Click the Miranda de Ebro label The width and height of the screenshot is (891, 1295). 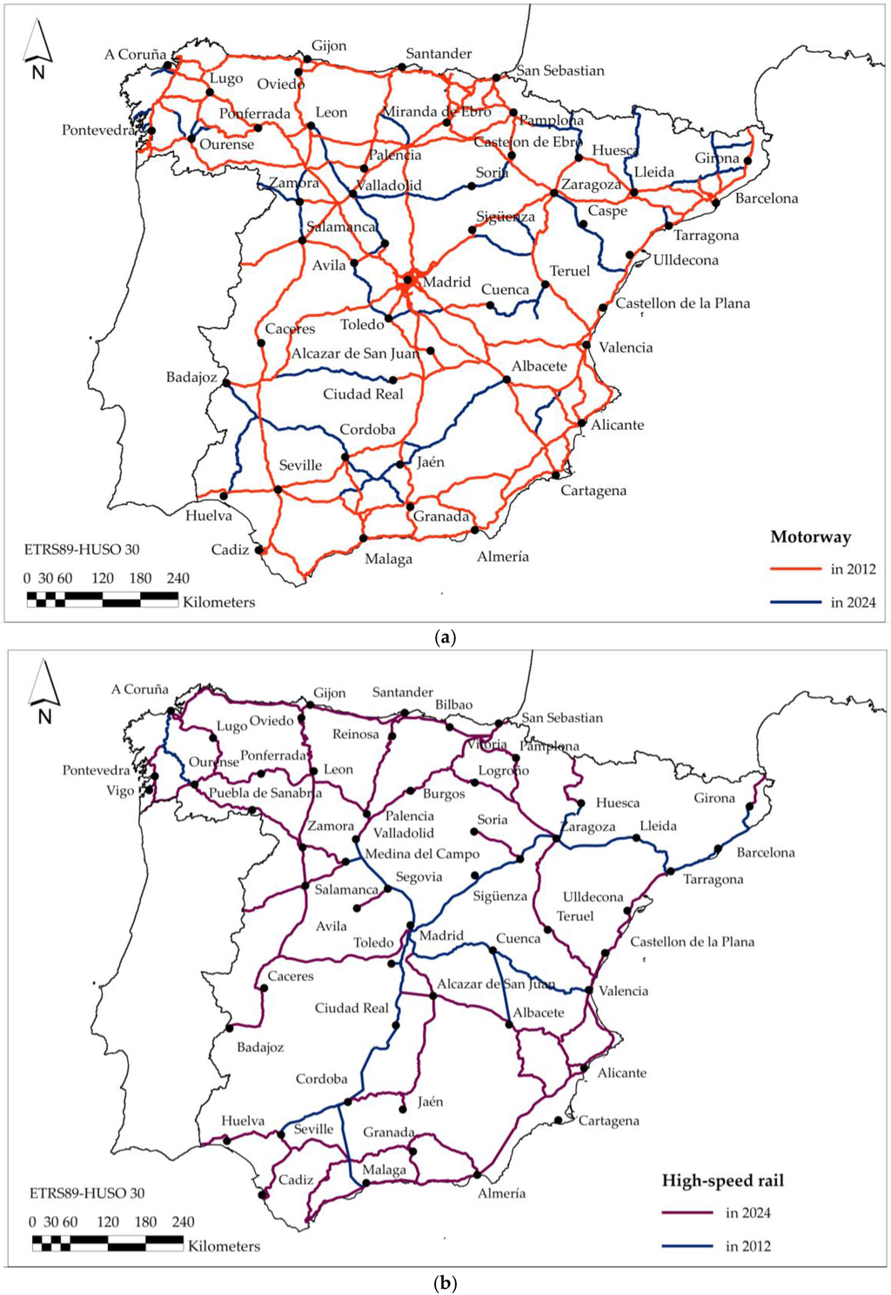pos(437,111)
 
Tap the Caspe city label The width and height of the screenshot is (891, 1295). pos(607,211)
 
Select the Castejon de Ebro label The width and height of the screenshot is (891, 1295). pos(528,142)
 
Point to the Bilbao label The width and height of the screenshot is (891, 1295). pos(454,705)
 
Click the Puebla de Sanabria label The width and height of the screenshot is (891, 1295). pos(265,793)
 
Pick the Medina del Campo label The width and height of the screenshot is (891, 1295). pos(422,854)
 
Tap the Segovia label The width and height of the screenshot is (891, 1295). pos(419,877)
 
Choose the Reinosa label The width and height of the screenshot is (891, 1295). pos(356,735)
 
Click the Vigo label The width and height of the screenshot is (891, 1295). pos(120,791)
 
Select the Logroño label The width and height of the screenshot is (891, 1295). pos(504,771)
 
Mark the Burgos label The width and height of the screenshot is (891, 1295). pos(444,794)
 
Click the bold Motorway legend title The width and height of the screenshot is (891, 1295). pos(811,537)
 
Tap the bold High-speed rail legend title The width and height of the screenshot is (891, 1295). pos(723,1181)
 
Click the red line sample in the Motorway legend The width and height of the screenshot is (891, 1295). pos(795,569)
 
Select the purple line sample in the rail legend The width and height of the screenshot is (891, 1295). pos(688,1213)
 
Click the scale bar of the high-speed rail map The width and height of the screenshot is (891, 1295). pos(108,1243)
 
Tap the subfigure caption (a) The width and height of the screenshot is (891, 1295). pos(445,637)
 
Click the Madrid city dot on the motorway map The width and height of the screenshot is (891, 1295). pos(407,280)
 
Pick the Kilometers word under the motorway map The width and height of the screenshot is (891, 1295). pos(219,602)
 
